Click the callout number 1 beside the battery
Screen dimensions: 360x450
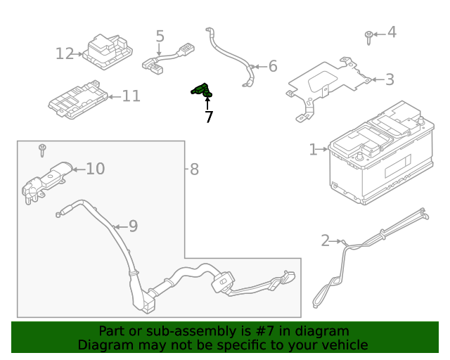pyautogui.click(x=313, y=149)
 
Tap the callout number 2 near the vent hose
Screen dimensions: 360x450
pyautogui.click(x=325, y=241)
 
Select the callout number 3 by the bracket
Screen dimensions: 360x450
pyautogui.click(x=389, y=80)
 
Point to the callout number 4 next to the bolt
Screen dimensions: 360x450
pyautogui.click(x=392, y=32)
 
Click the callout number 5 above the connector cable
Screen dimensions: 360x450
pyautogui.click(x=160, y=36)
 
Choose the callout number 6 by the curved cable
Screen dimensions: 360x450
pyautogui.click(x=273, y=67)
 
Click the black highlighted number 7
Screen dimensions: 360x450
pyautogui.click(x=209, y=117)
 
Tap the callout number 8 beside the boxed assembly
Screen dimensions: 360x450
pyautogui.click(x=194, y=169)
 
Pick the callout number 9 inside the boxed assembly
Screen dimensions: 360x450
pyautogui.click(x=133, y=226)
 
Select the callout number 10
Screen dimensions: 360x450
pyautogui.click(x=95, y=169)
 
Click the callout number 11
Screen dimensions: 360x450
pyautogui.click(x=131, y=96)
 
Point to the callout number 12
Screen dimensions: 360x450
pyautogui.click(x=65, y=53)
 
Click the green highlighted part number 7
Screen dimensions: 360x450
pyautogui.click(x=202, y=90)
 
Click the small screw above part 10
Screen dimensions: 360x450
pyautogui.click(x=42, y=149)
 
